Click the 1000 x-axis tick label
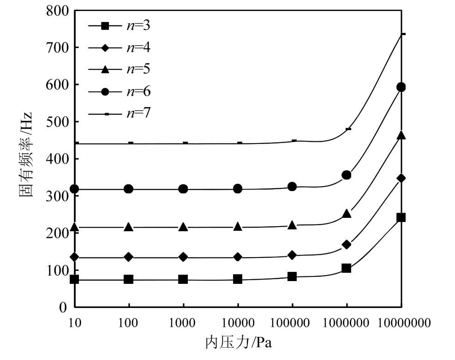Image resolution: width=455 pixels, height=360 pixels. (183, 323)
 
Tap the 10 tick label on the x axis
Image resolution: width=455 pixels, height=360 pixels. (74, 323)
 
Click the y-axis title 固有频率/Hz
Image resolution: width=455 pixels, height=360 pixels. (26, 159)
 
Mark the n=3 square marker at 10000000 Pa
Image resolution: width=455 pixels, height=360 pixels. (401, 217)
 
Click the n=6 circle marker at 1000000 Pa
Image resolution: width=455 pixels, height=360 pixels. (347, 175)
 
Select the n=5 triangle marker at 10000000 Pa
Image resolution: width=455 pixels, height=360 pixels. (401, 135)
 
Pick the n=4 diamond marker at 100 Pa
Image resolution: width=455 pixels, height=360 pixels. (129, 257)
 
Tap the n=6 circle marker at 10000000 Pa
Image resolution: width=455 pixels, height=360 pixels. (401, 87)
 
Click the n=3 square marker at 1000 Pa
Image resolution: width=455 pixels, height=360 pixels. (183, 279)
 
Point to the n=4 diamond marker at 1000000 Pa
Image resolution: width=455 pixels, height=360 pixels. (347, 245)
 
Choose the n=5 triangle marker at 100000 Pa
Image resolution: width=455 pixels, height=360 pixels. (292, 225)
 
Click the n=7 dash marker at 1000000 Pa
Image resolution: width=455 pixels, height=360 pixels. (348, 129)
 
